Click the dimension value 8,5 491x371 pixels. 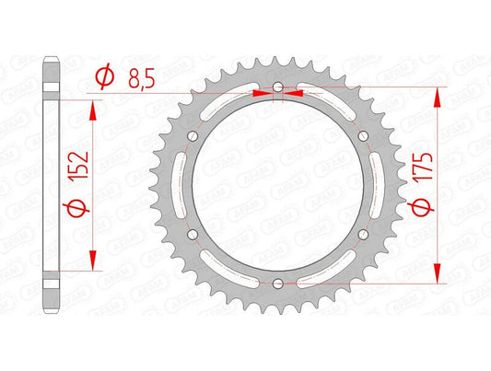coord(142,80)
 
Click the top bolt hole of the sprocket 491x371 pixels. coord(278,87)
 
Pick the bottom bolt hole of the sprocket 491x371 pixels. coord(278,284)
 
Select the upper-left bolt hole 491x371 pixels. coord(193,136)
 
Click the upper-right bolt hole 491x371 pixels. coord(363,136)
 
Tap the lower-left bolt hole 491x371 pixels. coord(193,235)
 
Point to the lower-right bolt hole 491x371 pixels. coord(363,235)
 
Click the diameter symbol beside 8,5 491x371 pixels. coord(105,77)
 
